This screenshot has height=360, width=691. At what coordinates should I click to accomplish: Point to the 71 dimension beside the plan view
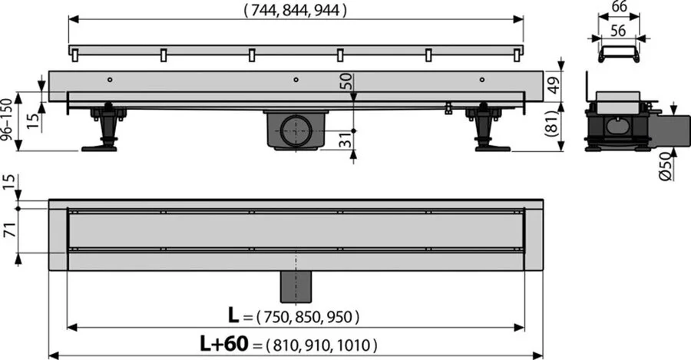pyautogui.click(x=8, y=228)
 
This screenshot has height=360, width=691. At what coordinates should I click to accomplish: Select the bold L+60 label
pyautogui.click(x=230, y=345)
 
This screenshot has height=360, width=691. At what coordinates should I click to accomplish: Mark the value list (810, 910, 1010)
pyautogui.click(x=321, y=345)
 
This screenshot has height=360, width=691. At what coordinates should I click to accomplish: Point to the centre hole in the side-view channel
pyautogui.click(x=296, y=78)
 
